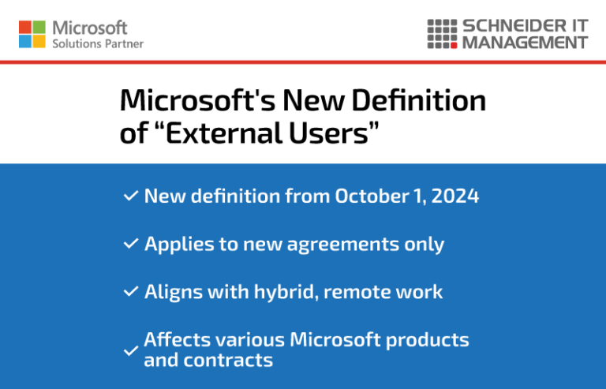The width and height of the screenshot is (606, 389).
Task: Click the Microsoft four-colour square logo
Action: pos(32,34)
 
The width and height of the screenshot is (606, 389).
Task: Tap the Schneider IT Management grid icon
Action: pos(441,34)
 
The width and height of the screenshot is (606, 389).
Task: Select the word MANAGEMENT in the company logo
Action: pos(525,43)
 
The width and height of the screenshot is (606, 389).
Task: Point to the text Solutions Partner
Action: pos(98,44)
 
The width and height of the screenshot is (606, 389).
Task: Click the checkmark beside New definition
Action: pos(131,196)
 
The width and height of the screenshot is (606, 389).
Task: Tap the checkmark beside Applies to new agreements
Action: pos(131,244)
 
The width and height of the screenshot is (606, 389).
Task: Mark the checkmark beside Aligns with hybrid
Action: pos(131,292)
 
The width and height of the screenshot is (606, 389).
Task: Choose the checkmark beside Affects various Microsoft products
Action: pos(131,350)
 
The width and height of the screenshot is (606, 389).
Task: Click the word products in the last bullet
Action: pos(431,340)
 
